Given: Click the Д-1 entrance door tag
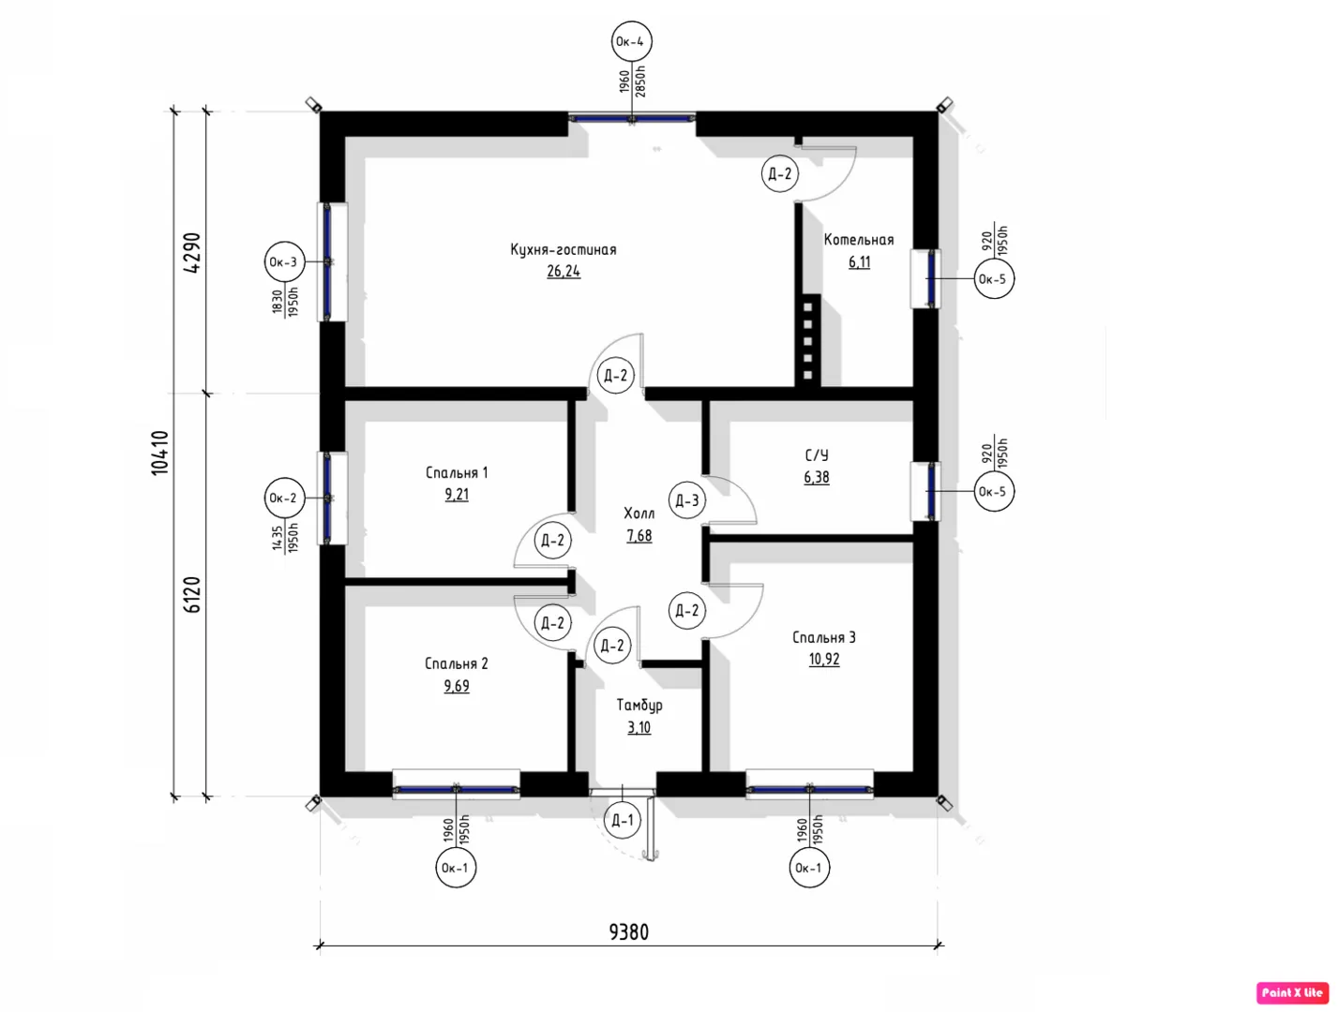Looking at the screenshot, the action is click(x=623, y=821).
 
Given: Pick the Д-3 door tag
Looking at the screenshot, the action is click(x=687, y=500).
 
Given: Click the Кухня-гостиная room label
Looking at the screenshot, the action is click(x=564, y=249).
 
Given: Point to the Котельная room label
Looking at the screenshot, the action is click(x=859, y=239).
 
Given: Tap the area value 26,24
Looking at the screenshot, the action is click(x=564, y=271).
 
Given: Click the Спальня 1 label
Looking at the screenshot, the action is click(x=457, y=472).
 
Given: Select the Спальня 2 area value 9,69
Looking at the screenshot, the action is click(x=457, y=686).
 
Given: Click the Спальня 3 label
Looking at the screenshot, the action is click(x=823, y=637).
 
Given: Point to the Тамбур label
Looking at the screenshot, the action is click(x=639, y=706).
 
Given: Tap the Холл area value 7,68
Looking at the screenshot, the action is click(x=639, y=536).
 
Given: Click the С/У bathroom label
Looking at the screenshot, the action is click(x=817, y=454).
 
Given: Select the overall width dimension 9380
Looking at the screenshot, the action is click(x=629, y=932).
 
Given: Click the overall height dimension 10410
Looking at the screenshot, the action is click(x=159, y=453).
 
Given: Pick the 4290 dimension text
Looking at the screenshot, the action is click(x=191, y=253).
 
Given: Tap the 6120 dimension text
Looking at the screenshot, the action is click(x=191, y=595).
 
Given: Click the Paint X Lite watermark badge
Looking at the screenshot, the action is click(x=1292, y=992).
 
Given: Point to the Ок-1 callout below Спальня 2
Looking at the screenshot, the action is click(x=456, y=867).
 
